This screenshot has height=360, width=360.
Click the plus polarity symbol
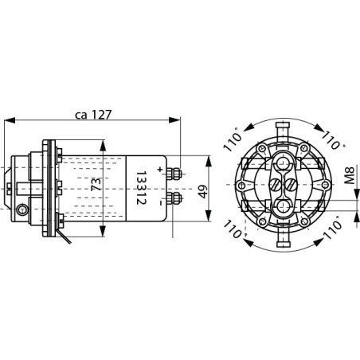pyautogui.click(x=160, y=169)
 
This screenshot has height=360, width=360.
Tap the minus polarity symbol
pyautogui.click(x=160, y=203)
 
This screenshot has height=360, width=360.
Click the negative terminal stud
pyautogui.click(x=174, y=196)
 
